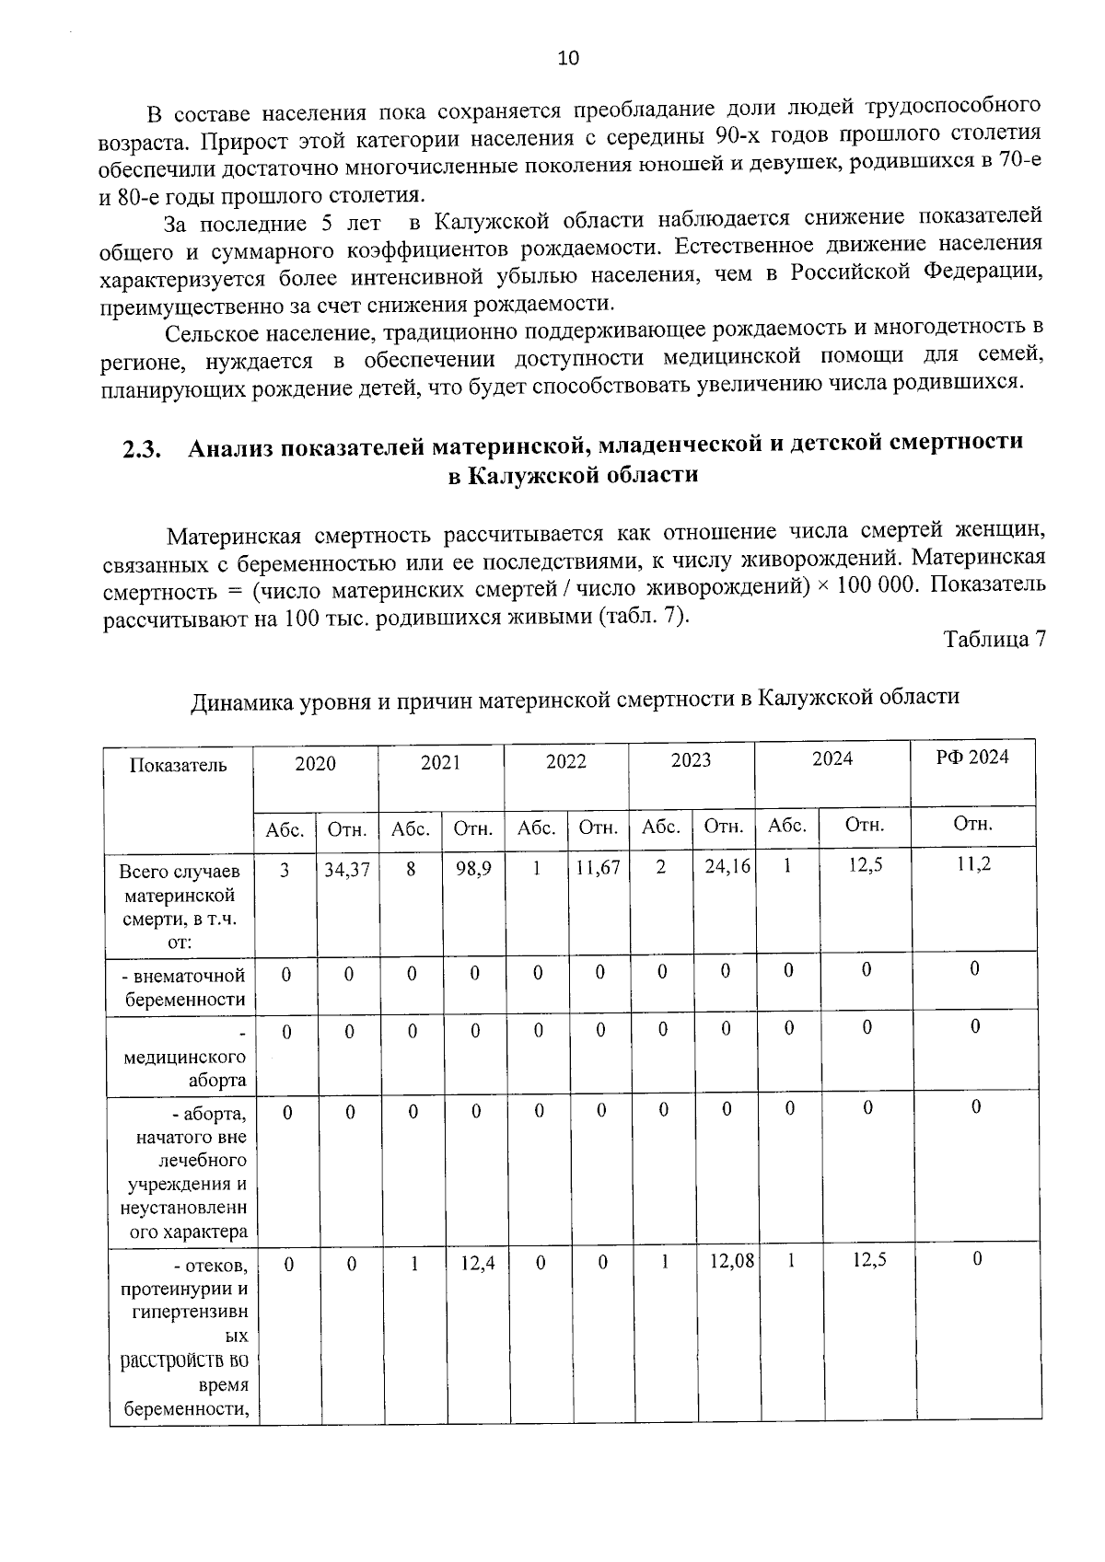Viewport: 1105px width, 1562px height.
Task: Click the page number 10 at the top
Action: pyautogui.click(x=568, y=59)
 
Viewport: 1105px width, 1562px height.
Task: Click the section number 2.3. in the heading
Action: pyautogui.click(x=142, y=451)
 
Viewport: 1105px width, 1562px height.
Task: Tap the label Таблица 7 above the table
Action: pyautogui.click(x=994, y=639)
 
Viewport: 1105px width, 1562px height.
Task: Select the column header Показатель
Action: pyautogui.click(x=178, y=765)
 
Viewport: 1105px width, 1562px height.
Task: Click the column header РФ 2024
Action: pyautogui.click(x=972, y=757)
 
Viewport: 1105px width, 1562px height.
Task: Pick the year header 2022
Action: pyautogui.click(x=565, y=762)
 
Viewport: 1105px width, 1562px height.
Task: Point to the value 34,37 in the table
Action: pyautogui.click(x=346, y=868)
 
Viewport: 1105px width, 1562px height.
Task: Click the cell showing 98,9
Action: pyautogui.click(x=472, y=868)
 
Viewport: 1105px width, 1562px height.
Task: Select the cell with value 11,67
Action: pyautogui.click(x=598, y=868)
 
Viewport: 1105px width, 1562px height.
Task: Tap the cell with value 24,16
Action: pyautogui.click(x=724, y=867)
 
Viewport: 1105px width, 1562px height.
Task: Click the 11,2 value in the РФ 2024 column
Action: pyautogui.click(x=974, y=863)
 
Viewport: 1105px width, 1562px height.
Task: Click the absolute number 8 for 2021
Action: pyautogui.click(x=410, y=868)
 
